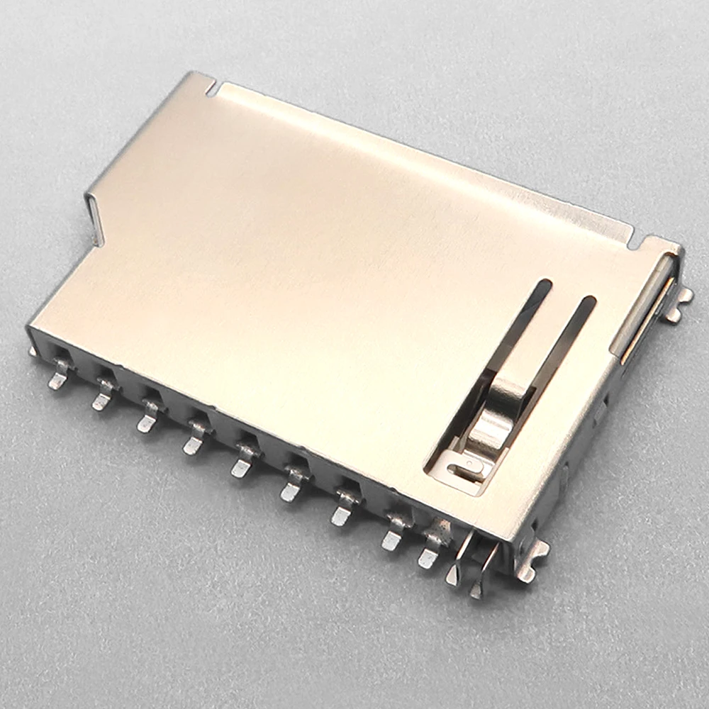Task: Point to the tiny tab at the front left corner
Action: pyautogui.click(x=33, y=350)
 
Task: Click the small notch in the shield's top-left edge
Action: pyautogui.click(x=212, y=89)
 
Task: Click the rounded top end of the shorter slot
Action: pyautogui.click(x=543, y=285)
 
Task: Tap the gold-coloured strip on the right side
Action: pyautogui.click(x=647, y=319)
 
